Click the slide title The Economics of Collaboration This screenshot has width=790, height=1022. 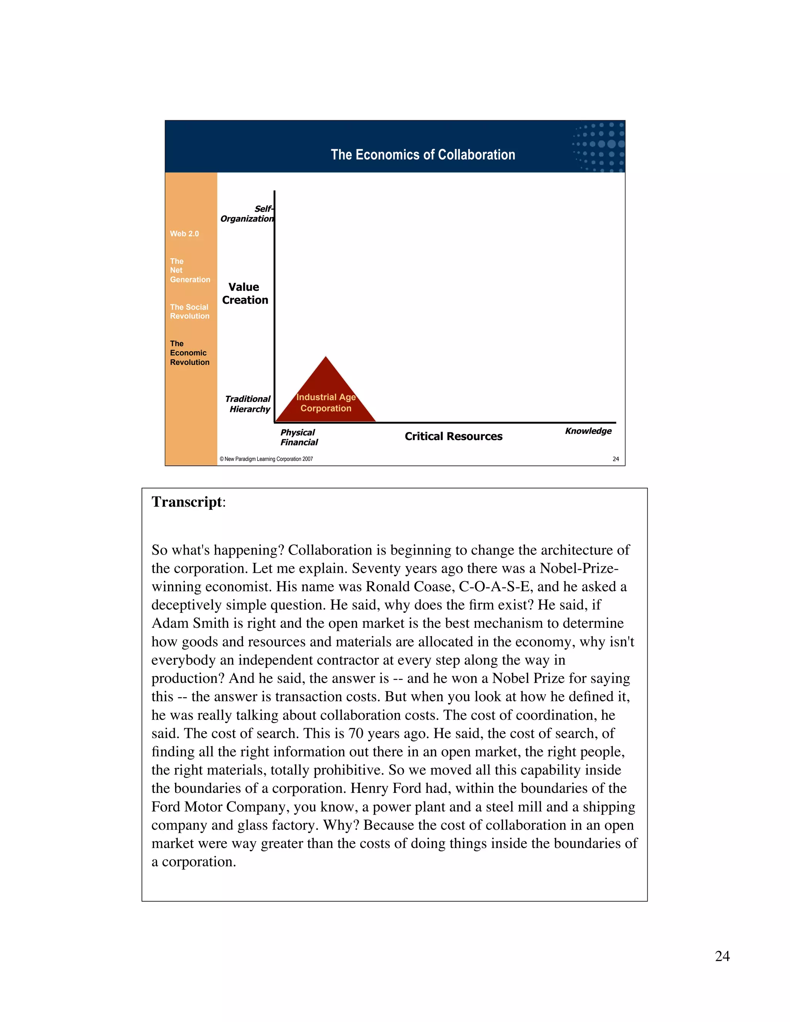click(423, 155)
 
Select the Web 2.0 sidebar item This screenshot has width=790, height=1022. click(184, 233)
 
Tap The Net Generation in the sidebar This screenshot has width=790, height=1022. click(189, 270)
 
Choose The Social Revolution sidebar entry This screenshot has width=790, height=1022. click(189, 312)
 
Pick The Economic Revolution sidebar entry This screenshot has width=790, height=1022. click(189, 353)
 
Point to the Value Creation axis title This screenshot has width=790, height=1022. click(245, 293)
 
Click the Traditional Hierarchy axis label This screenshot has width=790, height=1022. click(248, 404)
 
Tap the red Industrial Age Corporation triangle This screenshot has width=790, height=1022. click(326, 398)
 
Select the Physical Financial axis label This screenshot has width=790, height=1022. click(299, 437)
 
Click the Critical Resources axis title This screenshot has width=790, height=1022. click(453, 436)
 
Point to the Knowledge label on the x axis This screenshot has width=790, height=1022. click(588, 431)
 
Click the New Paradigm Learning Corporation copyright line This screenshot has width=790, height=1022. click(266, 459)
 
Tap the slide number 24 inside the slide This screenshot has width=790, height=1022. click(615, 459)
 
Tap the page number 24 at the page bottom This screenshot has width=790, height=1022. click(722, 956)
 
